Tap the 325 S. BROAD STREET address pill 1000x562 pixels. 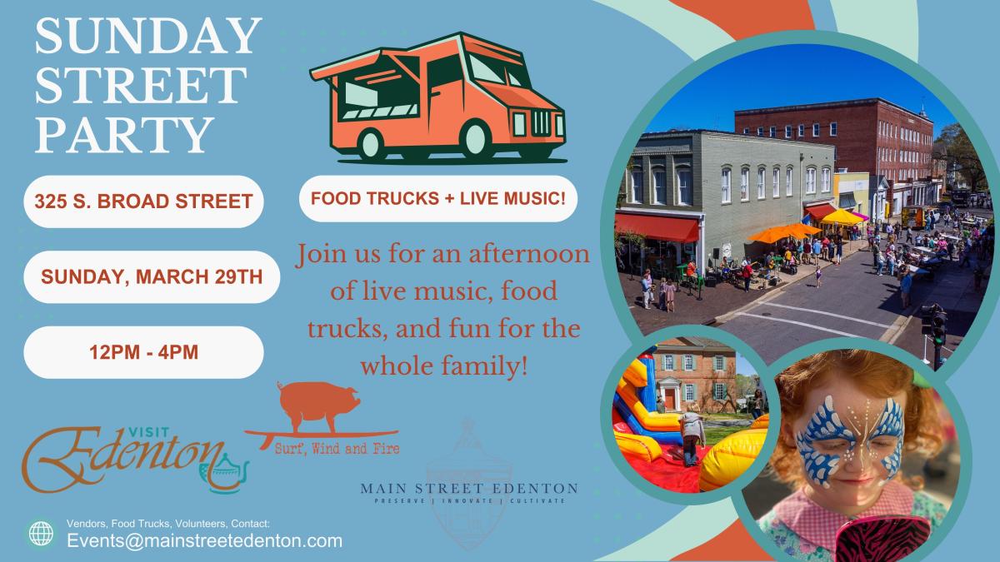[144, 201]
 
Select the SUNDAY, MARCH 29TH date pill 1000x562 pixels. [144, 276]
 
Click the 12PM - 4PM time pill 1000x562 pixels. [144, 352]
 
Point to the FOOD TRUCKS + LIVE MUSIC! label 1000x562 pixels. [437, 199]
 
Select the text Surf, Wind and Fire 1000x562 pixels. [338, 449]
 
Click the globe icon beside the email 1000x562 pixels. [39, 533]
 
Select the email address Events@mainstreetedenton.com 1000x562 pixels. [205, 540]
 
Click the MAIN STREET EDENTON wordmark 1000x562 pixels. [469, 487]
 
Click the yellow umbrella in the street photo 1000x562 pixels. [842, 218]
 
